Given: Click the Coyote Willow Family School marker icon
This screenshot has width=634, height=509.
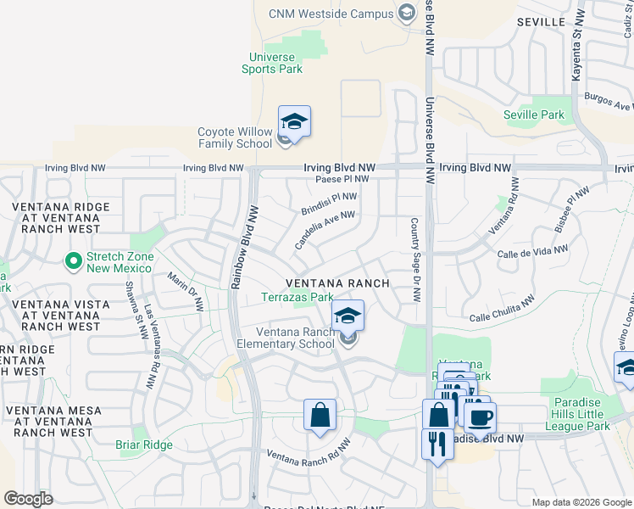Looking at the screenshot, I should (294, 123).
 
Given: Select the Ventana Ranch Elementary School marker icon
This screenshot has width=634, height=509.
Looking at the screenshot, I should (347, 317).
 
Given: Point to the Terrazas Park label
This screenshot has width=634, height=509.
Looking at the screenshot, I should (297, 298).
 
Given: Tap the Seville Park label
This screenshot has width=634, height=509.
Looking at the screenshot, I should (533, 115).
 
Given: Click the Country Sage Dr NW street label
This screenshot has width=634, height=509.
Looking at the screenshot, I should (415, 260).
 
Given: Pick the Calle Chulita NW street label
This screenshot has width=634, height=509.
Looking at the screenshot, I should (503, 309).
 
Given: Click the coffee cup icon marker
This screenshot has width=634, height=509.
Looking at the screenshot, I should (481, 417).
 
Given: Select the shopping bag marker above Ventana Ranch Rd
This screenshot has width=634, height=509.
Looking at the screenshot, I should (320, 416).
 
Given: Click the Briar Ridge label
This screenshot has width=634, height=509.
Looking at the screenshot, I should (144, 445).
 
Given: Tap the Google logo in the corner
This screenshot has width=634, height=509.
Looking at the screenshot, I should (28, 499).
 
